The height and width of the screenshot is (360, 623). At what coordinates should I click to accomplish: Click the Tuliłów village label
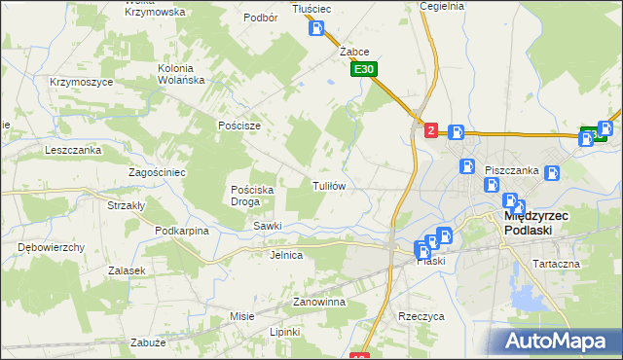coord(328,185)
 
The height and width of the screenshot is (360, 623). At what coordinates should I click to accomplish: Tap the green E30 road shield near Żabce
coord(364,70)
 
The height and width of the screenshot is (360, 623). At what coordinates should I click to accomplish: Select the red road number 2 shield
coord(431,129)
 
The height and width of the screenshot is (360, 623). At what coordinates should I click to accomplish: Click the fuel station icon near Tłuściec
coord(316,28)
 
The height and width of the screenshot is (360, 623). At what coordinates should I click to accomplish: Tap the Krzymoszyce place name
coord(82,83)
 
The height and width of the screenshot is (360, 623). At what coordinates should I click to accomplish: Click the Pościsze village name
coord(239,126)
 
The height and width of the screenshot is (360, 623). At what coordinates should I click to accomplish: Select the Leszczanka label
coord(73,151)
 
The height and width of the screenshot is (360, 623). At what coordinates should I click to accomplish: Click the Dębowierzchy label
coord(52,247)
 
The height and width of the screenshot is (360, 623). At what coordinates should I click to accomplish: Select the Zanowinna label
coord(319,303)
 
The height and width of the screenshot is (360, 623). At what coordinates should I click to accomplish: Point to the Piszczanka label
coord(512,170)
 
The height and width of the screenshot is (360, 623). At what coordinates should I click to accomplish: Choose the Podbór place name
coord(262,18)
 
